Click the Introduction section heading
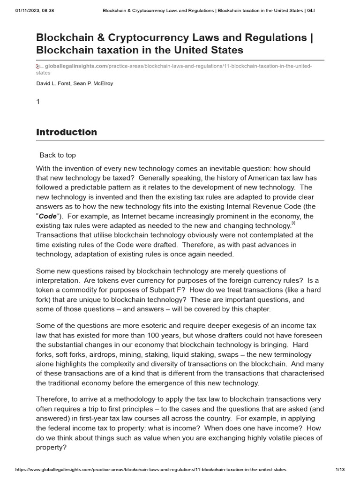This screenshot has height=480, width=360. [67, 132]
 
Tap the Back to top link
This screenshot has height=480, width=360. [57, 155]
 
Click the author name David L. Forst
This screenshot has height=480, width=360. [53, 83]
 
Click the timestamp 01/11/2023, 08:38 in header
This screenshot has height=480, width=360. [28, 11]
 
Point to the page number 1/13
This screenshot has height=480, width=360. [340, 469]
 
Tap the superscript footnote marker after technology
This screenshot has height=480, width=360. [293, 224]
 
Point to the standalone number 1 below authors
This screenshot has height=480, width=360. [38, 101]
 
